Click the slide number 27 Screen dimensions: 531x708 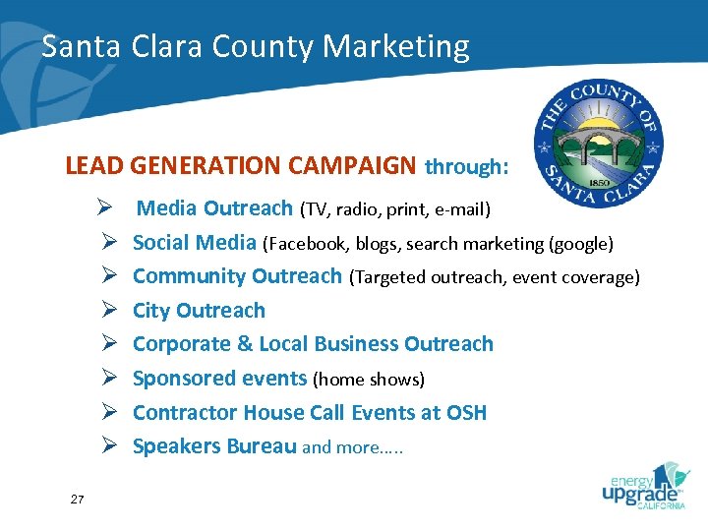(78, 501)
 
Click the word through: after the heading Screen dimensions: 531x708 (466, 167)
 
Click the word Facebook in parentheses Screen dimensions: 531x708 (305, 244)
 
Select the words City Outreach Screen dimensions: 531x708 (199, 311)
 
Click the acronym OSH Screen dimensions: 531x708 (465, 413)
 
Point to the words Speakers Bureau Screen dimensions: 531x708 (214, 446)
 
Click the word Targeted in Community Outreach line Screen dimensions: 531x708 (392, 278)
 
